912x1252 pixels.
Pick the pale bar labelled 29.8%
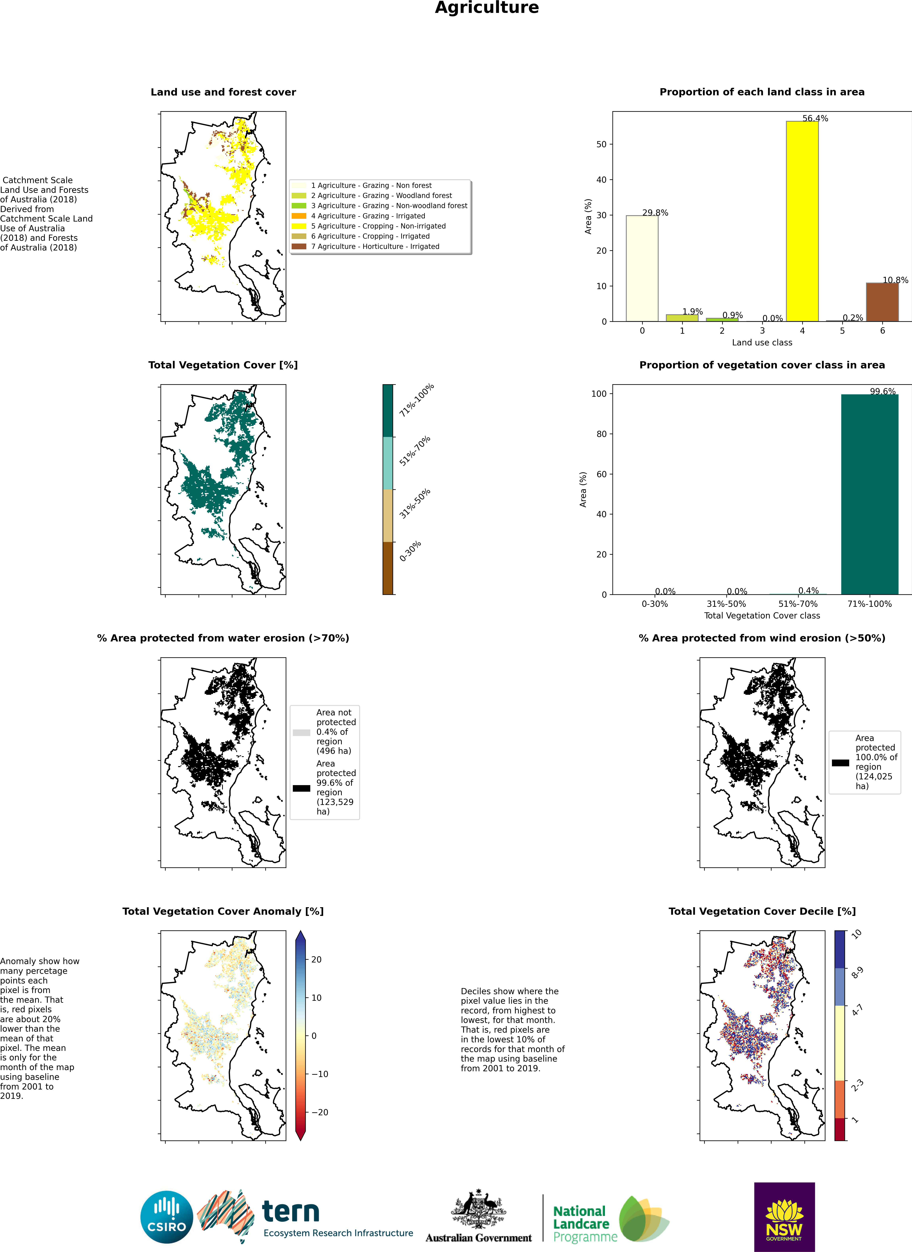[642, 268]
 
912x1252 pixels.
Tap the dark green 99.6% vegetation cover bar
[869, 494]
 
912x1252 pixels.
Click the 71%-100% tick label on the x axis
[869, 604]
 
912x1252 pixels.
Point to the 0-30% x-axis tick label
[655, 604]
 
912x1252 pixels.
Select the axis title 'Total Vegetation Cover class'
[762, 615]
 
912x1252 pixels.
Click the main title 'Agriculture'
[487, 8]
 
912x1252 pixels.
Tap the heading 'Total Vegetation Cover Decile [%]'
[762, 911]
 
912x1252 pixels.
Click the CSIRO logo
[167, 1217]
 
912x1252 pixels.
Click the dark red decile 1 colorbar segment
[840, 1130]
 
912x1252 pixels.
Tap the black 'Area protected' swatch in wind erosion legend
[840, 763]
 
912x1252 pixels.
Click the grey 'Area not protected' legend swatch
[301, 733]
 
